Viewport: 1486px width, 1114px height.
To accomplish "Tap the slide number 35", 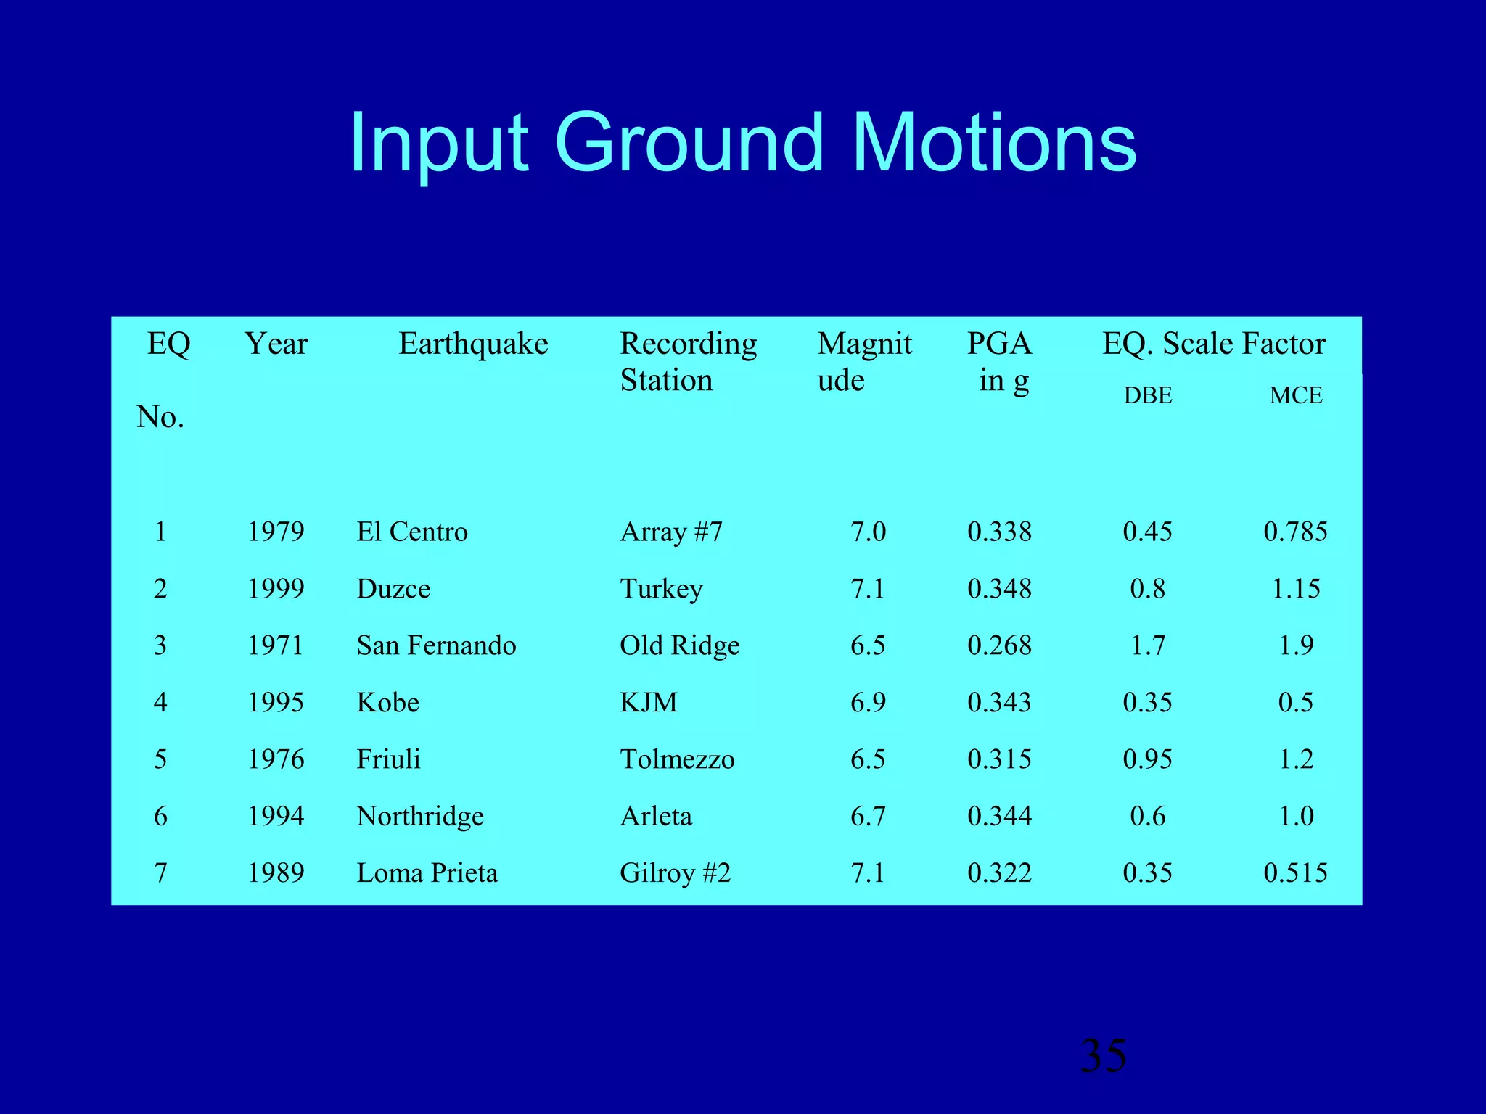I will point(1103,1055).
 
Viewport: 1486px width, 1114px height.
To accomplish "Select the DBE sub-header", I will point(1147,396).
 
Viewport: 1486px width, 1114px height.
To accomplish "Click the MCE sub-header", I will point(1295,396).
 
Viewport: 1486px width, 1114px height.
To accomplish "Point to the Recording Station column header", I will point(688,361).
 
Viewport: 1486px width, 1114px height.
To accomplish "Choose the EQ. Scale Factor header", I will point(1214,344).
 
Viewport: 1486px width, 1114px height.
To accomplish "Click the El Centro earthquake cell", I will point(412,532).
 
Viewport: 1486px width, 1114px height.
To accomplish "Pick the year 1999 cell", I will point(276,589).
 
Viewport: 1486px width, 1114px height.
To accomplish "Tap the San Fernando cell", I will point(436,645).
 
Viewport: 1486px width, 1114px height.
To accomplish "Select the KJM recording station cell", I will point(649,703).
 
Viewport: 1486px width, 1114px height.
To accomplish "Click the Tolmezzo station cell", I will point(677,759).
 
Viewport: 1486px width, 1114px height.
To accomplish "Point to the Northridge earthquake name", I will point(420,817).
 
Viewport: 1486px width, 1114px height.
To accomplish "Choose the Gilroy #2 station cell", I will point(675,873).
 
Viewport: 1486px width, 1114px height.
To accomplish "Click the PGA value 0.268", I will point(999,645).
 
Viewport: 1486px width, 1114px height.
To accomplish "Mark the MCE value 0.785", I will point(1295,532).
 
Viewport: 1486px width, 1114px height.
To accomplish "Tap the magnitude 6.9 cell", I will point(868,703).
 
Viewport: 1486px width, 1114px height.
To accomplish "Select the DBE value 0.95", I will point(1147,759).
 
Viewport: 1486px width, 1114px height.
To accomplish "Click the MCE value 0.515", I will point(1295,873).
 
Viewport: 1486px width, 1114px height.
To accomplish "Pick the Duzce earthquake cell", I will point(393,589).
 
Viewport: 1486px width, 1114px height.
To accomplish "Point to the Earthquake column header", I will point(473,344).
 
